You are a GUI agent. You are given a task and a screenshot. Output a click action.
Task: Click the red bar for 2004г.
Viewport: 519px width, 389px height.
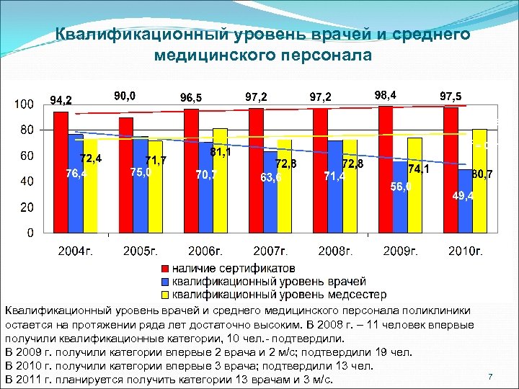tap(61, 172)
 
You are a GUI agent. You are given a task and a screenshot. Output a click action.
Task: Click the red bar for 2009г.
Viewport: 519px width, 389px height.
tap(386, 169)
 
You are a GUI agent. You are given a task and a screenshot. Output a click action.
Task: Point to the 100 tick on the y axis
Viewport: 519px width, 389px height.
tap(25, 104)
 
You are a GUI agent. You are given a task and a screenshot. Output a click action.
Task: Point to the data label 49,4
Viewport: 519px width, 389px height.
tap(463, 196)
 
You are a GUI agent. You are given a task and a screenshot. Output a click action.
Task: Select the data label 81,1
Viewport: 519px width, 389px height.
tap(221, 153)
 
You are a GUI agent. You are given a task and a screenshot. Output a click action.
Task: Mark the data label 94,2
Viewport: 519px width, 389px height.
tap(61, 99)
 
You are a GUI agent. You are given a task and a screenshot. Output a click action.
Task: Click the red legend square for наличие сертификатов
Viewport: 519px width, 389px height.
tap(164, 269)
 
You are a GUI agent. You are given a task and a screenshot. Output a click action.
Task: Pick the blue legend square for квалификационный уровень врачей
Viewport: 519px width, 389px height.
tap(164, 282)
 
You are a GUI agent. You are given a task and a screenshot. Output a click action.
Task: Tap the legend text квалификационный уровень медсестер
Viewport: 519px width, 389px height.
tap(279, 295)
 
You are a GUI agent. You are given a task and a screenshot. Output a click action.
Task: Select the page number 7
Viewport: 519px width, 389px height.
tap(489, 377)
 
